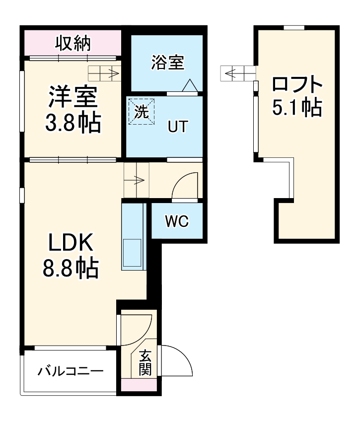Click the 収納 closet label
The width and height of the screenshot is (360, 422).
[x=72, y=44]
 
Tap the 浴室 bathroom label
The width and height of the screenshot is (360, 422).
[x=168, y=63]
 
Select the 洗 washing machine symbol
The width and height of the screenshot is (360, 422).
[x=143, y=111]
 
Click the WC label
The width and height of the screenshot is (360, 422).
[x=177, y=222]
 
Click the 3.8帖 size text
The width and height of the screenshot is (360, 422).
[x=73, y=123]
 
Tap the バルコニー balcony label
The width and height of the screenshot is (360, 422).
[x=71, y=371]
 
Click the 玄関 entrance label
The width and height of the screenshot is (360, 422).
[x=145, y=363]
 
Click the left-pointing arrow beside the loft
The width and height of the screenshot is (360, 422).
[x=237, y=73]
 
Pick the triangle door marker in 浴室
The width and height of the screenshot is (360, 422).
[x=190, y=86]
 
